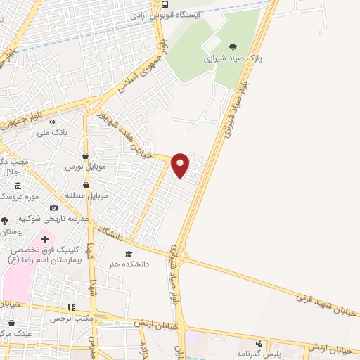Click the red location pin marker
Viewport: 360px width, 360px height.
[x=180, y=165]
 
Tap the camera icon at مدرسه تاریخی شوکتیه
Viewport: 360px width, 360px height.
[x=53, y=208]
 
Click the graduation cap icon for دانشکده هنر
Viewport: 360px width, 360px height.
[x=128, y=254]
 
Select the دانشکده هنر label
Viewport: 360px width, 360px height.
[x=129, y=265]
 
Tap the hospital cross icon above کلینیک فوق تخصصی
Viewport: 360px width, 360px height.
[x=44, y=240]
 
